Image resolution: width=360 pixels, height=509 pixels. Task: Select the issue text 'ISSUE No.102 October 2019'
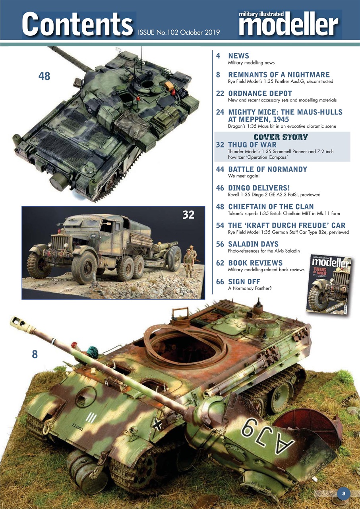(179, 32)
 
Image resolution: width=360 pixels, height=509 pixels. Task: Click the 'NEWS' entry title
(238, 56)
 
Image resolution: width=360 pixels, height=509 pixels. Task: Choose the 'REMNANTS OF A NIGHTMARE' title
(279, 75)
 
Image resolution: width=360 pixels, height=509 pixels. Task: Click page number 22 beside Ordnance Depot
(220, 94)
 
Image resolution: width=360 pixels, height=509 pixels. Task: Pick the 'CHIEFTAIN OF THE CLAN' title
(271, 207)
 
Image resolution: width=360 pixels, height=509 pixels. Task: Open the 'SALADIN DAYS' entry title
(253, 244)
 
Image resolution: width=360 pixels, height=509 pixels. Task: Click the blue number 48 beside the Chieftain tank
(45, 76)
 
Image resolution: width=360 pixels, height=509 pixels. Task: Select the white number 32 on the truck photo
(188, 215)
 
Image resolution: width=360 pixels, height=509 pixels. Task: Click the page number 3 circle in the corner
(344, 493)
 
